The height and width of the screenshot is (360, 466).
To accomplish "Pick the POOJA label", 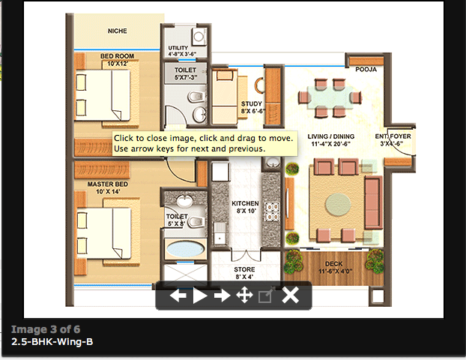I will click(x=366, y=69).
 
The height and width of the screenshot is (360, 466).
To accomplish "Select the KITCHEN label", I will click(x=244, y=203).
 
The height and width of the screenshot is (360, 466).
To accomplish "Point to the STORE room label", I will click(x=244, y=269).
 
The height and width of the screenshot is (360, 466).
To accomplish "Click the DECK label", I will click(x=333, y=263).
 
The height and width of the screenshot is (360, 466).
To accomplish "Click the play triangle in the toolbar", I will click(x=200, y=295).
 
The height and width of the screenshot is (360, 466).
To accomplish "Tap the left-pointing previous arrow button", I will click(x=178, y=295).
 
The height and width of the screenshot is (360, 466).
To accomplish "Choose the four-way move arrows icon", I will click(x=243, y=295).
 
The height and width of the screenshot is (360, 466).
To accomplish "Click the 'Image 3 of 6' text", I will click(x=45, y=328).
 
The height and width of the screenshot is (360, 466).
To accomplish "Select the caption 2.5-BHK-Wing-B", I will click(x=52, y=341).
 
